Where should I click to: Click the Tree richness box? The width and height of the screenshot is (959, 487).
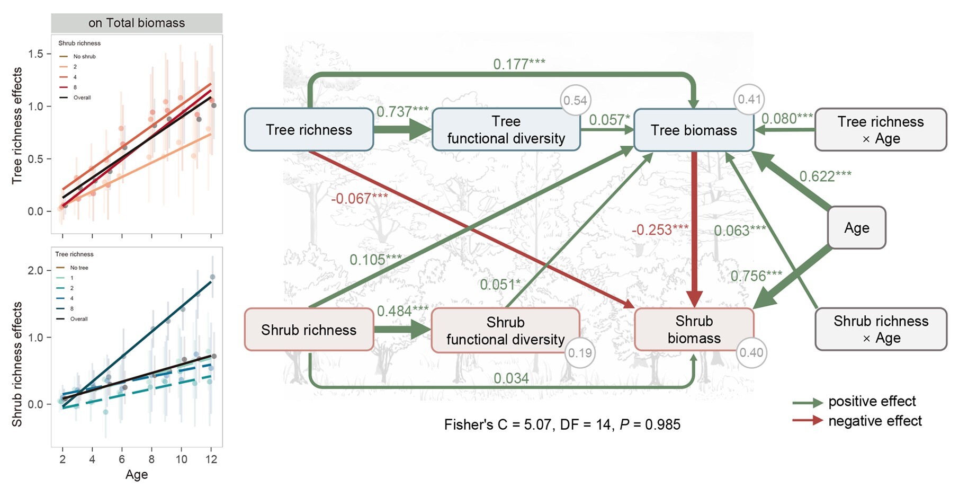(x=309, y=130)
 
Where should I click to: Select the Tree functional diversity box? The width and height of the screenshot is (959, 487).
(x=506, y=130)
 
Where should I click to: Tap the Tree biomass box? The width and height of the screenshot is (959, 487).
(x=693, y=130)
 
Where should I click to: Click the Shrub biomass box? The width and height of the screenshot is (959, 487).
(x=693, y=330)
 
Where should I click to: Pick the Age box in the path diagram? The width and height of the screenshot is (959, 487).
(x=856, y=228)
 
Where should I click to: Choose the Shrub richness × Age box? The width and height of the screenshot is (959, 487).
(x=881, y=329)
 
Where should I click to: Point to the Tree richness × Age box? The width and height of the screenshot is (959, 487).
(x=880, y=130)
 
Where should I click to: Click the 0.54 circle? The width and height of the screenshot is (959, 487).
(x=575, y=100)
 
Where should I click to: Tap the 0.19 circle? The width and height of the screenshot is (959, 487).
(x=580, y=353)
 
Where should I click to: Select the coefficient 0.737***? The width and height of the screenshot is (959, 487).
(x=402, y=112)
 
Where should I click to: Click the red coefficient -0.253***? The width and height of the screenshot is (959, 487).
(x=660, y=230)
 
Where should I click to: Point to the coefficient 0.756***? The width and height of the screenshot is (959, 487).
(x=756, y=276)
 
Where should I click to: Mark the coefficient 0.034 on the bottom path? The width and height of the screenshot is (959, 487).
(x=511, y=378)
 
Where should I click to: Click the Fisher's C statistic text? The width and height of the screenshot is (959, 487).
(x=562, y=424)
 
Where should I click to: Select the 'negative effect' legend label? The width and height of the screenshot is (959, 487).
(x=875, y=421)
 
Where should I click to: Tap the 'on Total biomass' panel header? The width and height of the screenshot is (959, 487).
(x=137, y=23)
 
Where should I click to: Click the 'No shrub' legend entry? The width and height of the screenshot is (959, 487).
(x=84, y=56)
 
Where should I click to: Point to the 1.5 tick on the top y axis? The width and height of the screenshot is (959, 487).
(x=36, y=54)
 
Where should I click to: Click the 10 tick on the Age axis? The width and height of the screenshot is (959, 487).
(x=181, y=459)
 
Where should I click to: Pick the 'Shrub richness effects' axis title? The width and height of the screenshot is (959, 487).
(x=17, y=364)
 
